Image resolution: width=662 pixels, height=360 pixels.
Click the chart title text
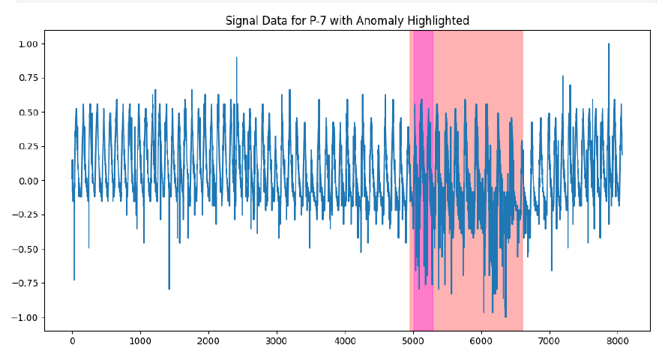coord(347,20)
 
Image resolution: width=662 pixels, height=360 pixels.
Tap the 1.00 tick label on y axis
coord(28,44)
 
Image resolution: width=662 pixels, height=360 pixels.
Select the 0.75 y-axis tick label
coord(28,78)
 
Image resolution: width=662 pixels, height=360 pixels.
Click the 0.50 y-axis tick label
coord(28,112)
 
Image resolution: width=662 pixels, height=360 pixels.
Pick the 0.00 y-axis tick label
coord(28,181)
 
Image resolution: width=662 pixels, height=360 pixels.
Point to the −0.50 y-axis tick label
coord(25,249)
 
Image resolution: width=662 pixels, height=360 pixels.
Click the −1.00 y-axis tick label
coord(25,317)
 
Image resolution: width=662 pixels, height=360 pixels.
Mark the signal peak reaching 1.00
coord(609,44)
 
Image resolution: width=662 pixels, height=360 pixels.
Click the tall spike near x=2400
coord(237,58)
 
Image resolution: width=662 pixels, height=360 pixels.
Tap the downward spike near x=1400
coord(169,289)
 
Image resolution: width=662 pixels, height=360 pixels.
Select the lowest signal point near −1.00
coord(505,316)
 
